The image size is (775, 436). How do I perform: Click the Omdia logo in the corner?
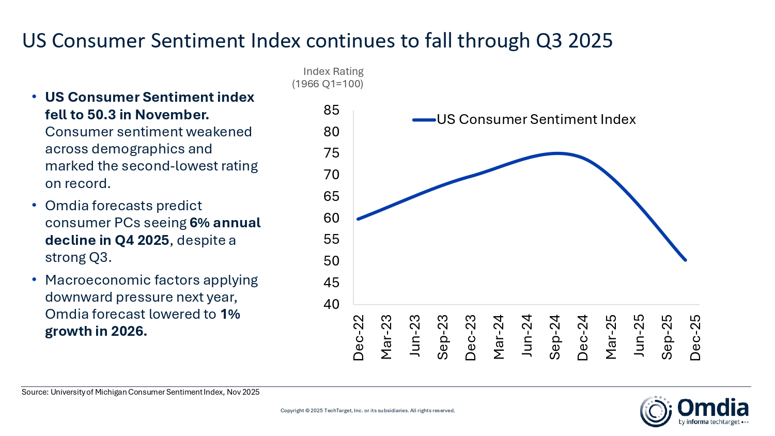[694, 411]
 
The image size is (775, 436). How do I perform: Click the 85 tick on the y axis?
[331, 110]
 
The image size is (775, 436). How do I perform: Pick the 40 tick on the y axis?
[331, 304]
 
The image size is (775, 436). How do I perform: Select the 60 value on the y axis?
[331, 218]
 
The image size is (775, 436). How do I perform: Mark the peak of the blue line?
[557, 153]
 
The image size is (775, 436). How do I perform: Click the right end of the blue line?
[685, 260]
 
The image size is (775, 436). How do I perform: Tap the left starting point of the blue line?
[358, 219]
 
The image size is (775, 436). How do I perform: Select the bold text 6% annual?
[225, 223]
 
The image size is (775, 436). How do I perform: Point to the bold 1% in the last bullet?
[230, 314]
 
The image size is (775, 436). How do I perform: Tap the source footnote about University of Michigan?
[141, 392]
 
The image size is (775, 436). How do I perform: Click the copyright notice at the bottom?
[367, 411]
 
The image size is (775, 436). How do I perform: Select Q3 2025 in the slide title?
[574, 40]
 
